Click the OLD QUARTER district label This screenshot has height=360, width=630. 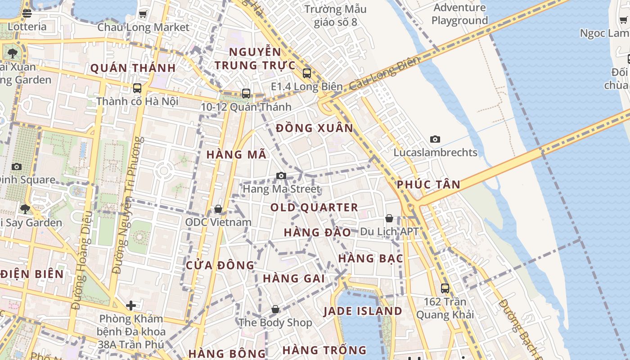coord(314,207)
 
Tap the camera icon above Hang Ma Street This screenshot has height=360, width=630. coord(281,175)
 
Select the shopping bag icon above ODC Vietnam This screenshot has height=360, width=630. coord(218,209)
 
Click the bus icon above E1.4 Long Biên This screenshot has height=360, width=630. coord(307,73)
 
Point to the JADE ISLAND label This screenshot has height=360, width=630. coord(363,311)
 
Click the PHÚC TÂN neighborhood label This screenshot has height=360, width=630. coord(428,184)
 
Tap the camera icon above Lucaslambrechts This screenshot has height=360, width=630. coord(435,139)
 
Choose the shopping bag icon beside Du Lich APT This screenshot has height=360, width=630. coord(389,218)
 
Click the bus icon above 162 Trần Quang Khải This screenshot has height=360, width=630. coord(445,288)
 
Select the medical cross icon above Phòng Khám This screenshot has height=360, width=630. coord(131,306)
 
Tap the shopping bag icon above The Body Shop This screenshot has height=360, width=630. coord(275,309)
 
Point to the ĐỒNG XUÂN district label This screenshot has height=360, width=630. coord(315,128)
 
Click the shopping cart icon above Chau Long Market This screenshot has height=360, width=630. coord(143,14)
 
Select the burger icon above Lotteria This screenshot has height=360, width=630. coord(27,13)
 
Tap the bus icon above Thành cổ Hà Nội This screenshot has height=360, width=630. coord(137,88)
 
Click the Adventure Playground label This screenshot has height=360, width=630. coord(459,14)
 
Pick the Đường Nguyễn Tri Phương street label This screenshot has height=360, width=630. coord(127,205)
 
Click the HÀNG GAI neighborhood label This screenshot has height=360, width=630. coord(294,279)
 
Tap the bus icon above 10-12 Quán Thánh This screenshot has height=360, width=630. coord(246,94)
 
